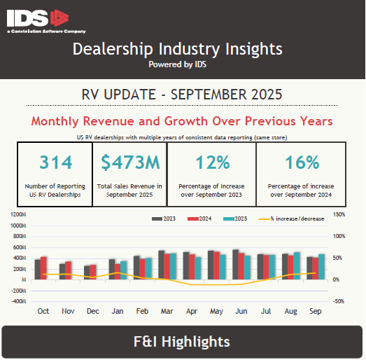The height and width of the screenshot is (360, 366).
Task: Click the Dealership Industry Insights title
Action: coord(177,49)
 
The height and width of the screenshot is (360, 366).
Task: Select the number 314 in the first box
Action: coord(55,163)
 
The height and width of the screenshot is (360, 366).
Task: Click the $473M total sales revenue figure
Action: coord(130,163)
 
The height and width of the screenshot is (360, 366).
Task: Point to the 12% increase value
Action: coord(212,163)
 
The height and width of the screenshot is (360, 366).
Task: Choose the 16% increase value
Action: coord(302,163)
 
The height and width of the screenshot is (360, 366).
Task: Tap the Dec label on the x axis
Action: coord(92,310)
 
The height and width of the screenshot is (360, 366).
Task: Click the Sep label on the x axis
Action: coord(316,310)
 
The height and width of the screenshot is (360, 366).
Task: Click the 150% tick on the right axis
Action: coord(339,215)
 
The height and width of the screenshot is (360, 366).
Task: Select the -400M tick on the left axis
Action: coord(17,301)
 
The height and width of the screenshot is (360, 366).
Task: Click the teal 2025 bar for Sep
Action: coord(322,267)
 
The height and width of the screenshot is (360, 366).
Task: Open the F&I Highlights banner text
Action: coord(182,342)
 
